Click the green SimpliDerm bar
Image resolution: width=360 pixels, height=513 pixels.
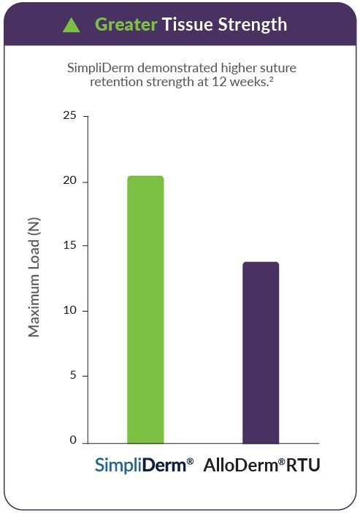click(x=145, y=309)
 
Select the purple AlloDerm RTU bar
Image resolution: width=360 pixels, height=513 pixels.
click(x=261, y=352)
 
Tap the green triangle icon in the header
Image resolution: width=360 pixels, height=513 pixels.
click(x=72, y=26)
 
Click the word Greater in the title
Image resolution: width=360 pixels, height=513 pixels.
click(x=126, y=25)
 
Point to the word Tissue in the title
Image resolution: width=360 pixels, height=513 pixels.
click(x=188, y=24)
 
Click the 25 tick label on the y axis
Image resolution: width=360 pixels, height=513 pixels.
click(x=69, y=115)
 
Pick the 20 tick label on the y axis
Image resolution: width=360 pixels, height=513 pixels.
click(x=69, y=180)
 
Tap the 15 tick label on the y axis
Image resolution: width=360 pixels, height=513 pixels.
click(x=69, y=245)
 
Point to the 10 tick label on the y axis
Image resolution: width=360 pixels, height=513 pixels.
click(x=69, y=310)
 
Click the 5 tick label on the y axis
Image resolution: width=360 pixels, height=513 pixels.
click(x=72, y=375)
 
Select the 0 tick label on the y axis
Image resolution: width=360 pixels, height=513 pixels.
click(x=72, y=440)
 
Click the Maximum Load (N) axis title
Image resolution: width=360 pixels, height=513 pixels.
click(x=34, y=277)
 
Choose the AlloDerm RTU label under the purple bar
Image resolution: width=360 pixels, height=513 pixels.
click(x=262, y=465)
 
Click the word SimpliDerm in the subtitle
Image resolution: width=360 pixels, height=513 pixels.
click(x=102, y=69)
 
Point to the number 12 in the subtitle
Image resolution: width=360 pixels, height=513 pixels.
click(x=218, y=82)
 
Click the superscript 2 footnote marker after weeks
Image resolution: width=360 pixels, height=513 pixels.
click(x=272, y=79)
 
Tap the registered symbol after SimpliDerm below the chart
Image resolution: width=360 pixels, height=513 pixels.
click(x=190, y=462)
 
